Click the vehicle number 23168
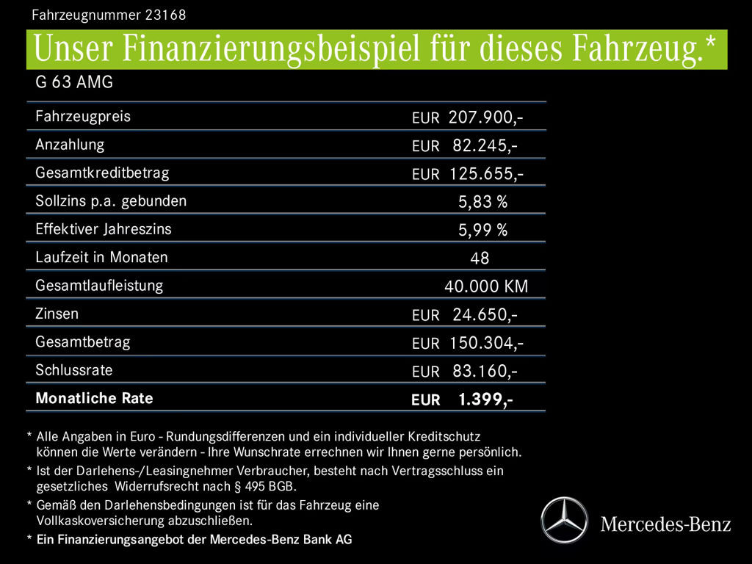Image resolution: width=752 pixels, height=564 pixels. pyautogui.click(x=165, y=14)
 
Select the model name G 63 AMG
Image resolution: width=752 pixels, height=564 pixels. pyautogui.click(x=74, y=82)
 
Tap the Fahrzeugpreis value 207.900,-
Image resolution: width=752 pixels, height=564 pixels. pyautogui.click(x=485, y=117)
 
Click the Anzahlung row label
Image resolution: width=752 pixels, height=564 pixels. pyautogui.click(x=70, y=145)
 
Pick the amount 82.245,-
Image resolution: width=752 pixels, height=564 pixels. pyautogui.click(x=485, y=145)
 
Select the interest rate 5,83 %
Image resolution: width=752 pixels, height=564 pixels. pyautogui.click(x=482, y=202)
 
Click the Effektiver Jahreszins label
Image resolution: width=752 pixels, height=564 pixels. pyautogui.click(x=103, y=229)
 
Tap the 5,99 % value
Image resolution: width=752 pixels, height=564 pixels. pyautogui.click(x=482, y=231)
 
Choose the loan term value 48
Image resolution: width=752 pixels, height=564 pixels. pyautogui.click(x=480, y=258)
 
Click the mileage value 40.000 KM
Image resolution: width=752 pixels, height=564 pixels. pyautogui.click(x=486, y=286)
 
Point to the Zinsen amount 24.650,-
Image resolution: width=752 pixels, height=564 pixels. pyautogui.click(x=485, y=315)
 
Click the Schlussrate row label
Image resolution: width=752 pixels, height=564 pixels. pyautogui.click(x=73, y=370)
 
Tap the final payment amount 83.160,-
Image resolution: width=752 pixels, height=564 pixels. pyautogui.click(x=485, y=371)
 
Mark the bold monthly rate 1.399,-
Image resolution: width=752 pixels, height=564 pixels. pyautogui.click(x=485, y=399)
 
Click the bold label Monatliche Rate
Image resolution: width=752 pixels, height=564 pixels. pyautogui.click(x=94, y=399)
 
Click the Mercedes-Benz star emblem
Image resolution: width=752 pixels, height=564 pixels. pyautogui.click(x=564, y=520)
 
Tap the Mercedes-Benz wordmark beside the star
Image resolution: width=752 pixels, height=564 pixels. pyautogui.click(x=665, y=524)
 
